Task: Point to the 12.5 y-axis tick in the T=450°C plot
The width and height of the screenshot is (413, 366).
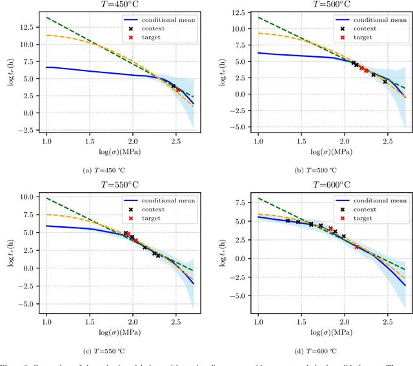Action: click(26, 27)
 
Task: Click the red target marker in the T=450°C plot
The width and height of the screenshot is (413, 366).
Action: click(178, 90)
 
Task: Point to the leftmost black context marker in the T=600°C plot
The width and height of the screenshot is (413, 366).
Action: click(287, 221)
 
